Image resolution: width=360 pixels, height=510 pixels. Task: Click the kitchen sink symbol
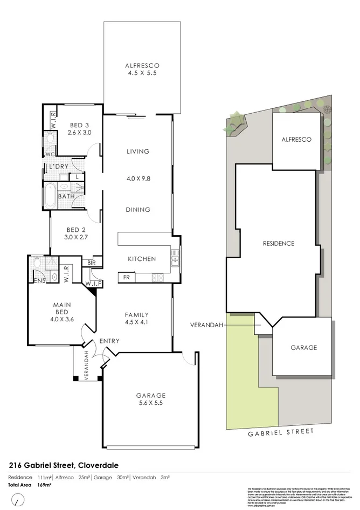coord(175,260)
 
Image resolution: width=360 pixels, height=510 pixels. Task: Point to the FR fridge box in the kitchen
coord(126,278)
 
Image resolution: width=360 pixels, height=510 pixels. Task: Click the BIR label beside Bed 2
coord(92,263)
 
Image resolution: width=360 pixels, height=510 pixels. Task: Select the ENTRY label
coord(109,341)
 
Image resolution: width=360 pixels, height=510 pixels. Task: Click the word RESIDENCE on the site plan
coord(278,243)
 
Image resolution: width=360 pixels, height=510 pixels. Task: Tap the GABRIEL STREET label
coord(280,432)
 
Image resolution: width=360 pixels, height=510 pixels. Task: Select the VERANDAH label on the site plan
coord(205,325)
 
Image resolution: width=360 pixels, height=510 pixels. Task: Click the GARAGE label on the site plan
coord(303,348)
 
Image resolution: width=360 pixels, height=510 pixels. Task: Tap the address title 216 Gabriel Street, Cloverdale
coord(63,465)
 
